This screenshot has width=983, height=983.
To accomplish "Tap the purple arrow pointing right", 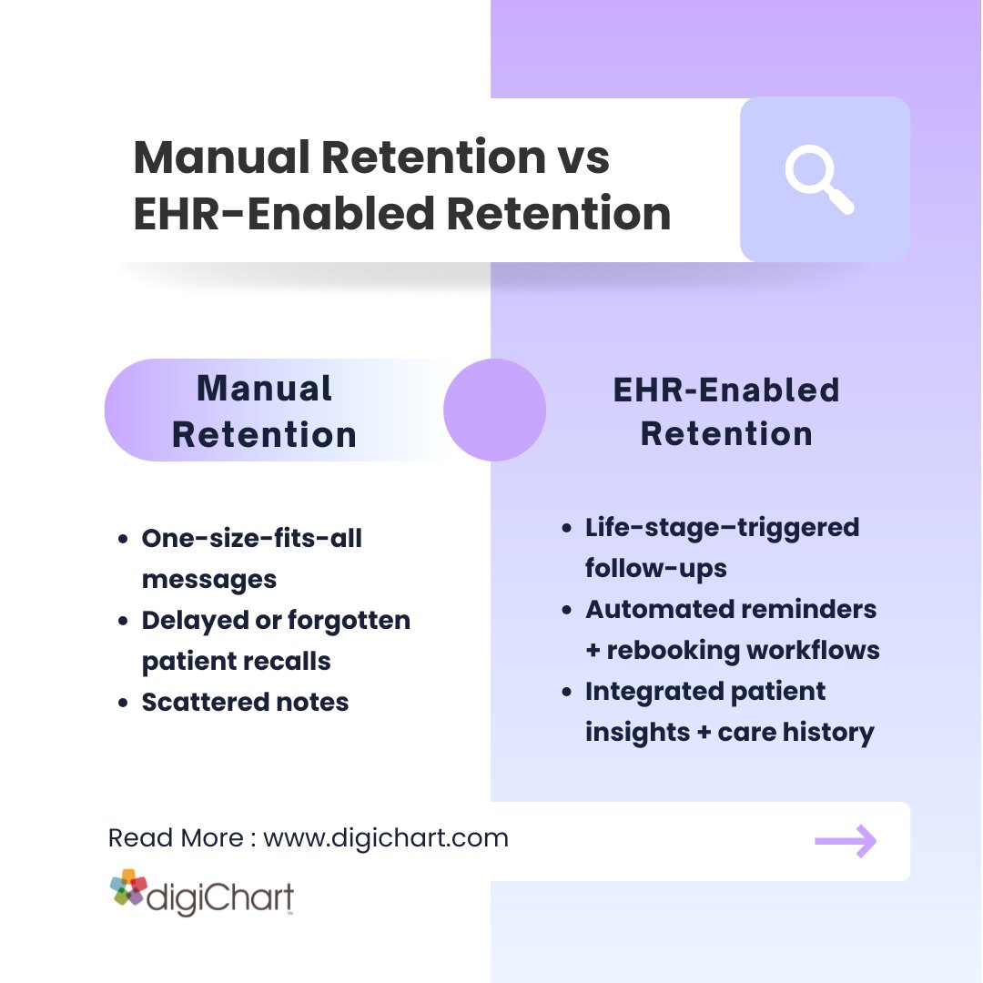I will [x=846, y=842].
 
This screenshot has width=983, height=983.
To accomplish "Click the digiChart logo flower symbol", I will [x=128, y=888].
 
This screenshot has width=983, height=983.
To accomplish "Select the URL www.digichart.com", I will [x=386, y=837].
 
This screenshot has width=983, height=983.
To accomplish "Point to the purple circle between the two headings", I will [x=494, y=410].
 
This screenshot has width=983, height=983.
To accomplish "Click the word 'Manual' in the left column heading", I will [x=264, y=389].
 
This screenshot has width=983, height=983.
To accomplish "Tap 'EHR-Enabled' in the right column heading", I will [x=726, y=390].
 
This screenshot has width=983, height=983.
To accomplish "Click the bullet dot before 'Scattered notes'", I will [x=123, y=703].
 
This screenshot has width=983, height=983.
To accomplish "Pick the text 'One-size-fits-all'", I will [x=251, y=538].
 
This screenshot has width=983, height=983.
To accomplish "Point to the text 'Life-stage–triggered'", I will [x=722, y=527].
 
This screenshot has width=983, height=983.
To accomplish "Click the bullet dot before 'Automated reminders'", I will [x=567, y=610].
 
